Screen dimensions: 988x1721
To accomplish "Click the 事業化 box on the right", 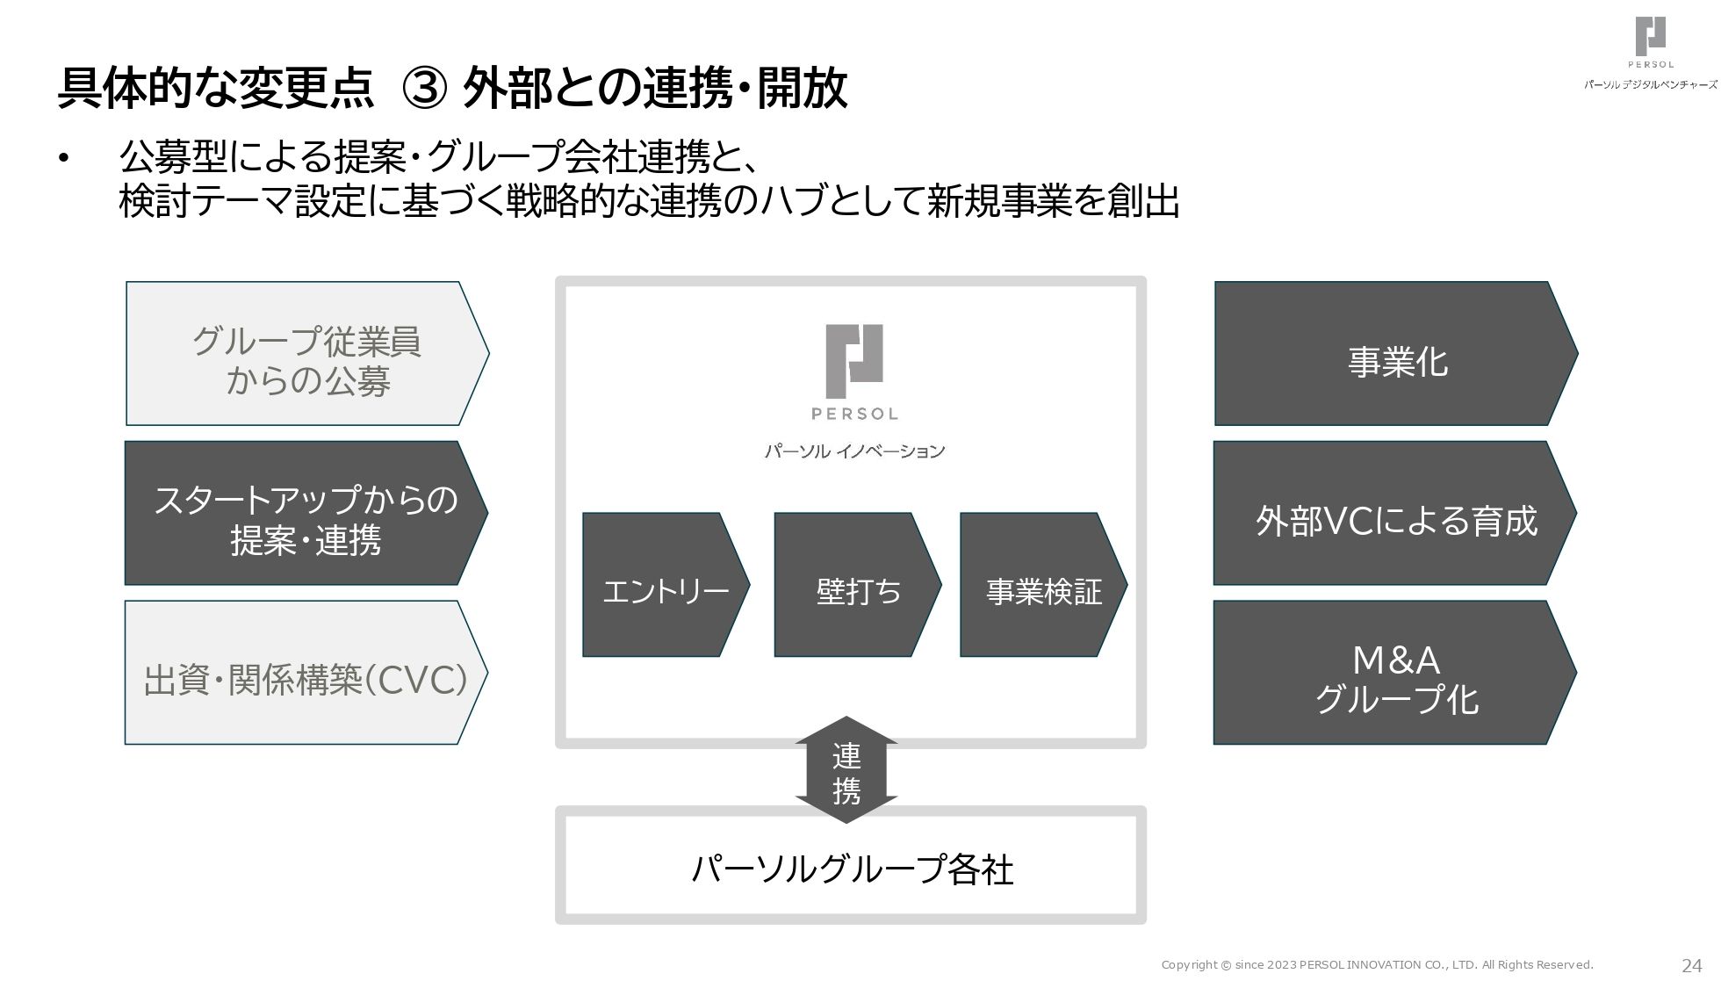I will click(1395, 354).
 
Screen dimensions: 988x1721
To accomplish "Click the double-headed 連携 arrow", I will click(846, 770).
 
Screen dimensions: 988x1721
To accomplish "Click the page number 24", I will click(1691, 966).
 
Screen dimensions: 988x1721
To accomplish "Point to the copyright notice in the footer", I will click(1377, 965).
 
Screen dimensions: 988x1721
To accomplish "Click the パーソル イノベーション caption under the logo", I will click(853, 451).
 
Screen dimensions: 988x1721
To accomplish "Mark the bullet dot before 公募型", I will click(63, 159).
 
